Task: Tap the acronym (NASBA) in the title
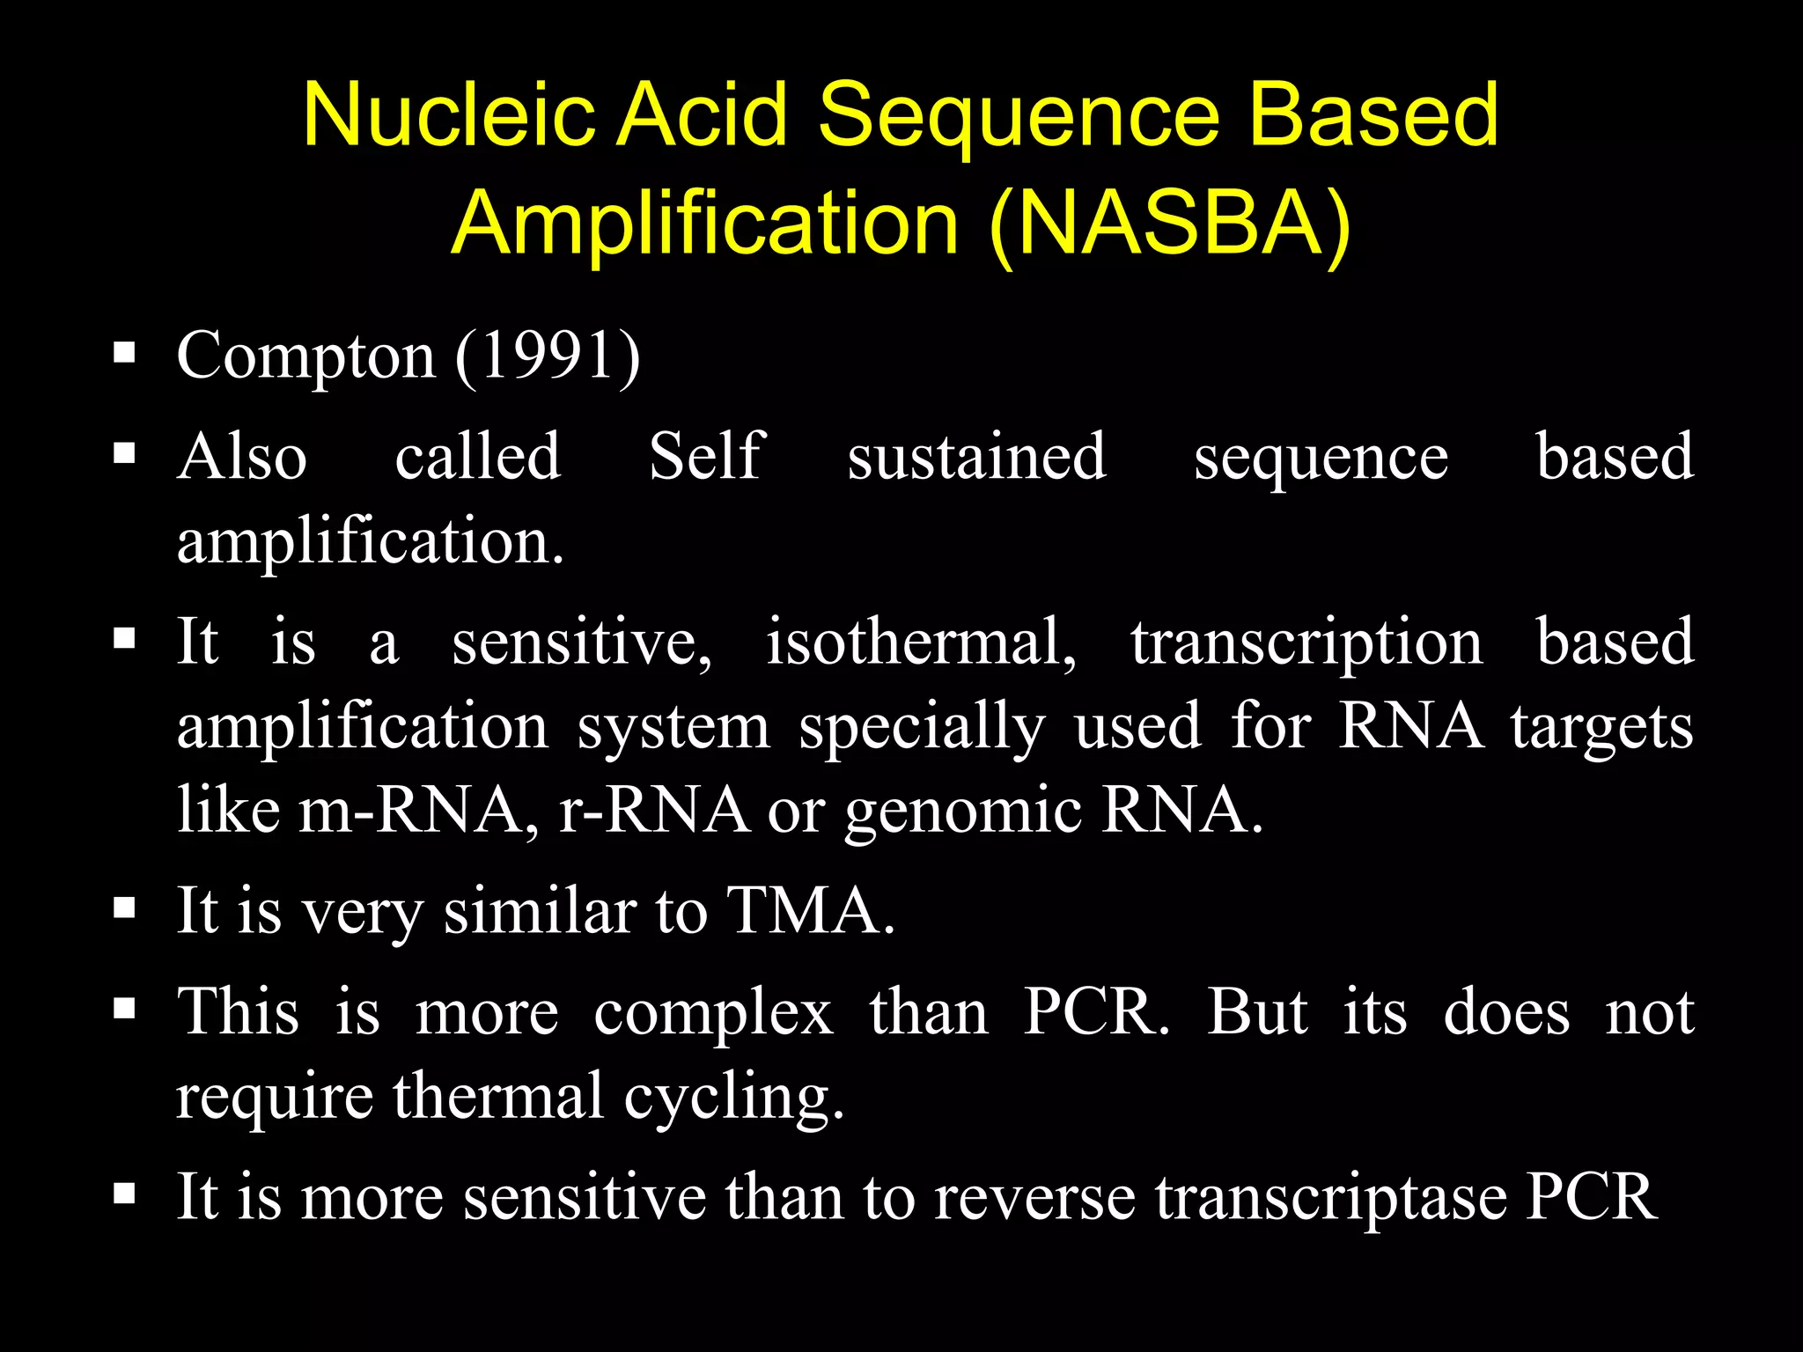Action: (1170, 224)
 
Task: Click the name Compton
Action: (305, 356)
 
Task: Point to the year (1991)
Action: (548, 356)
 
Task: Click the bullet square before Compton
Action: (124, 355)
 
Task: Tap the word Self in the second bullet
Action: (706, 457)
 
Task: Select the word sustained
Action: (976, 457)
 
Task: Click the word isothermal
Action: (921, 642)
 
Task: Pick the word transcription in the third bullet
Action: (1306, 642)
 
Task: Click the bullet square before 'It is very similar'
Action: (124, 907)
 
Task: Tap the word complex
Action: (713, 1014)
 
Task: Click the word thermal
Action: (498, 1096)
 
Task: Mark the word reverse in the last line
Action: (1034, 1198)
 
